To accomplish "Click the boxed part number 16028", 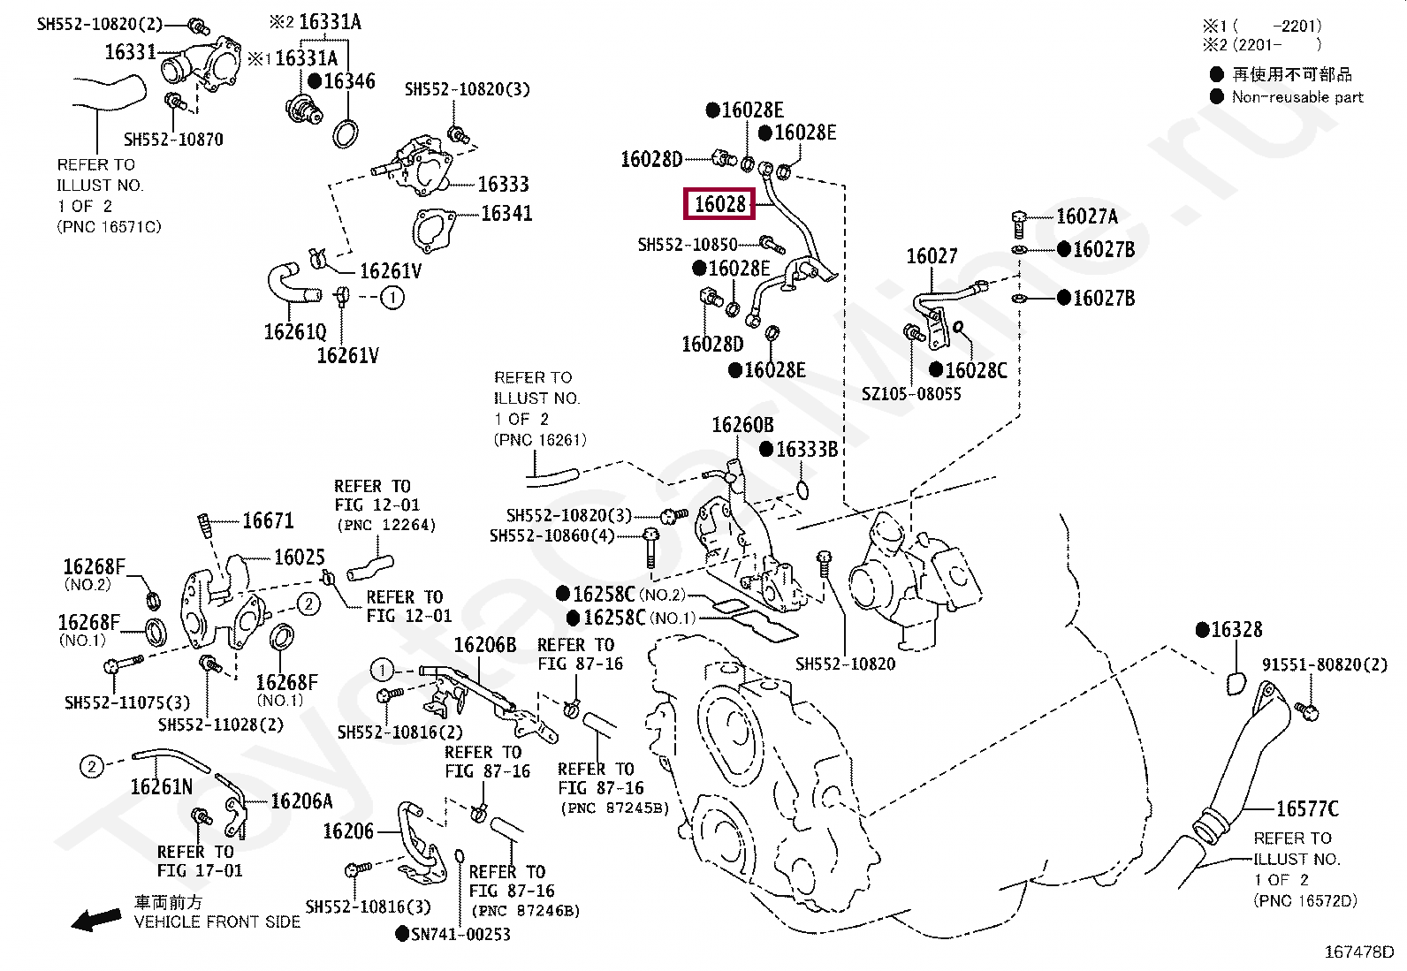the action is tap(720, 204).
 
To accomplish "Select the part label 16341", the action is tap(506, 213).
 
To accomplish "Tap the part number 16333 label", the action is tap(503, 184).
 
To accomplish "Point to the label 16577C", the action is tap(1307, 808).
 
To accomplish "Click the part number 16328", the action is tap(1236, 630).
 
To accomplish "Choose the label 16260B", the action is tap(742, 425).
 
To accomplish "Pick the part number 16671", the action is tap(268, 521).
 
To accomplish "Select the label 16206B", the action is tap(484, 645).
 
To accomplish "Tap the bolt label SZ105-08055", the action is tap(911, 394).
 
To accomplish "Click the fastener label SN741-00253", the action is tap(460, 934).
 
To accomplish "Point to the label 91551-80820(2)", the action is tap(1324, 664).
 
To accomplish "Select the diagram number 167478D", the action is tap(1358, 952).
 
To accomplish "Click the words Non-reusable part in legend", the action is tap(1297, 97).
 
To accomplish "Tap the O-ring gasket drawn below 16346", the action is tap(346, 133).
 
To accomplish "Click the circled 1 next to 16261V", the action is tap(392, 298).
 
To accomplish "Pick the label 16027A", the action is tap(1086, 216).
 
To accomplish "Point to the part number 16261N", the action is tap(161, 786).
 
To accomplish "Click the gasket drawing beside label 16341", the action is tap(430, 231).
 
